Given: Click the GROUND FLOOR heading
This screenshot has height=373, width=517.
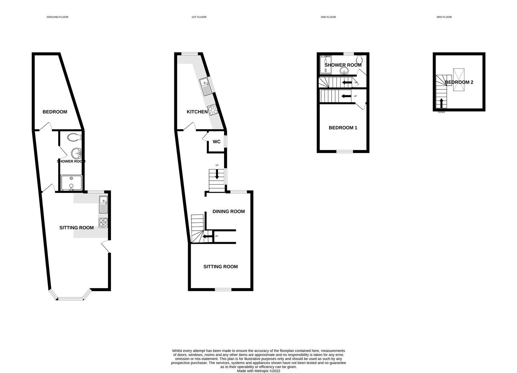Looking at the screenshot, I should click(57, 17).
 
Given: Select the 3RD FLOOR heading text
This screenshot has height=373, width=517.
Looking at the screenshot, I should click(444, 17).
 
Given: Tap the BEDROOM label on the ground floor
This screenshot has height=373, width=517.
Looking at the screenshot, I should click(55, 112).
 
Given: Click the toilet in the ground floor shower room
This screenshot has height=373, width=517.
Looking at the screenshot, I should click(74, 137).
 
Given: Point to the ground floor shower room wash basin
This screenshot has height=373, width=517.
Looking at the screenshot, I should click(76, 152).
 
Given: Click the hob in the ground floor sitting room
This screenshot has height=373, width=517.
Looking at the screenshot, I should click(103, 223).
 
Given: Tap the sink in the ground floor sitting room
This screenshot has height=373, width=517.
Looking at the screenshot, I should click(103, 204).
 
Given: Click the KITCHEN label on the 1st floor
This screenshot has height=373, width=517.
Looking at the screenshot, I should click(197, 112).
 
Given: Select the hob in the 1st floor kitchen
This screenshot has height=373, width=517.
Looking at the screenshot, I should click(213, 109).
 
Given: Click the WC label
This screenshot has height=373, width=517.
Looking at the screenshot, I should click(216, 142).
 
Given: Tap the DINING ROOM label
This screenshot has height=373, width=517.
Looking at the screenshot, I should click(229, 211).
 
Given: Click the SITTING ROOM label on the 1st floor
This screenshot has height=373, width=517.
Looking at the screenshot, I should click(220, 267).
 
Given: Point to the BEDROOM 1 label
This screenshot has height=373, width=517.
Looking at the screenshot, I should click(343, 128).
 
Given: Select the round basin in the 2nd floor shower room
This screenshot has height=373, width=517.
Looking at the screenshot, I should click(344, 71).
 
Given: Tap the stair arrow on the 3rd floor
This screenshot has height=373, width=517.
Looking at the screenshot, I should click(441, 103).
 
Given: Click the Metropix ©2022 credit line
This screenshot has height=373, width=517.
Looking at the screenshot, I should click(258, 371).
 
